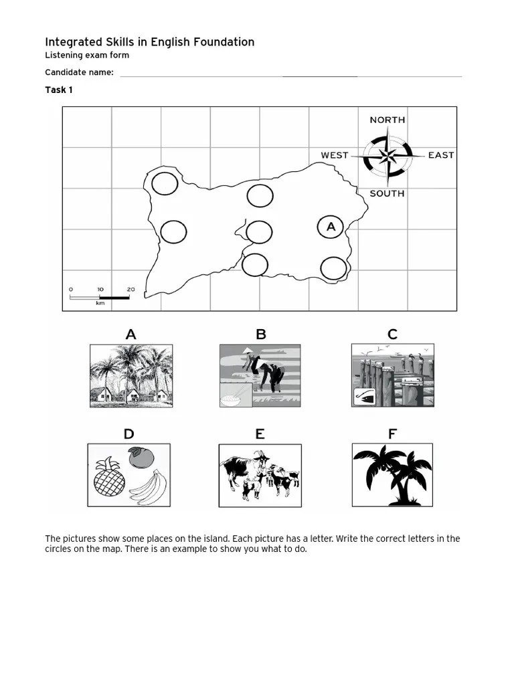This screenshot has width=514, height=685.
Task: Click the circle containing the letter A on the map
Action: (331, 227)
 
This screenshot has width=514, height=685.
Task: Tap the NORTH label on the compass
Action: (387, 120)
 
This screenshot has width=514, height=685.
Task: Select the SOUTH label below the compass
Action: (387, 193)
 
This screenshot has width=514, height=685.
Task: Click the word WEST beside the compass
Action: (334, 155)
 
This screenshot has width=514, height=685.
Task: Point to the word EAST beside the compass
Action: (441, 155)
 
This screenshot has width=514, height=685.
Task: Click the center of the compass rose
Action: (388, 157)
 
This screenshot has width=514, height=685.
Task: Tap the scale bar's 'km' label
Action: (100, 303)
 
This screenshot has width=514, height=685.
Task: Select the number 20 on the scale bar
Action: (131, 290)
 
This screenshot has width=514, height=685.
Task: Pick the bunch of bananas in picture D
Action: (147, 486)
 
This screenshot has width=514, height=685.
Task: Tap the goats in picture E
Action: (260, 476)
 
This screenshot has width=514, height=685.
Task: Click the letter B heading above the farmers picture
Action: (261, 334)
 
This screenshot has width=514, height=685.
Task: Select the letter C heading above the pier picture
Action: (392, 334)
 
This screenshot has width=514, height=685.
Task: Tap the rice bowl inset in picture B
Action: (236, 395)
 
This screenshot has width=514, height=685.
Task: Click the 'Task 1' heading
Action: (59, 90)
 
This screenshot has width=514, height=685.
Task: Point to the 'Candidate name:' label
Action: (79, 72)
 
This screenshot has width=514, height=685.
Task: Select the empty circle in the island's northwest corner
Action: (165, 183)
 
